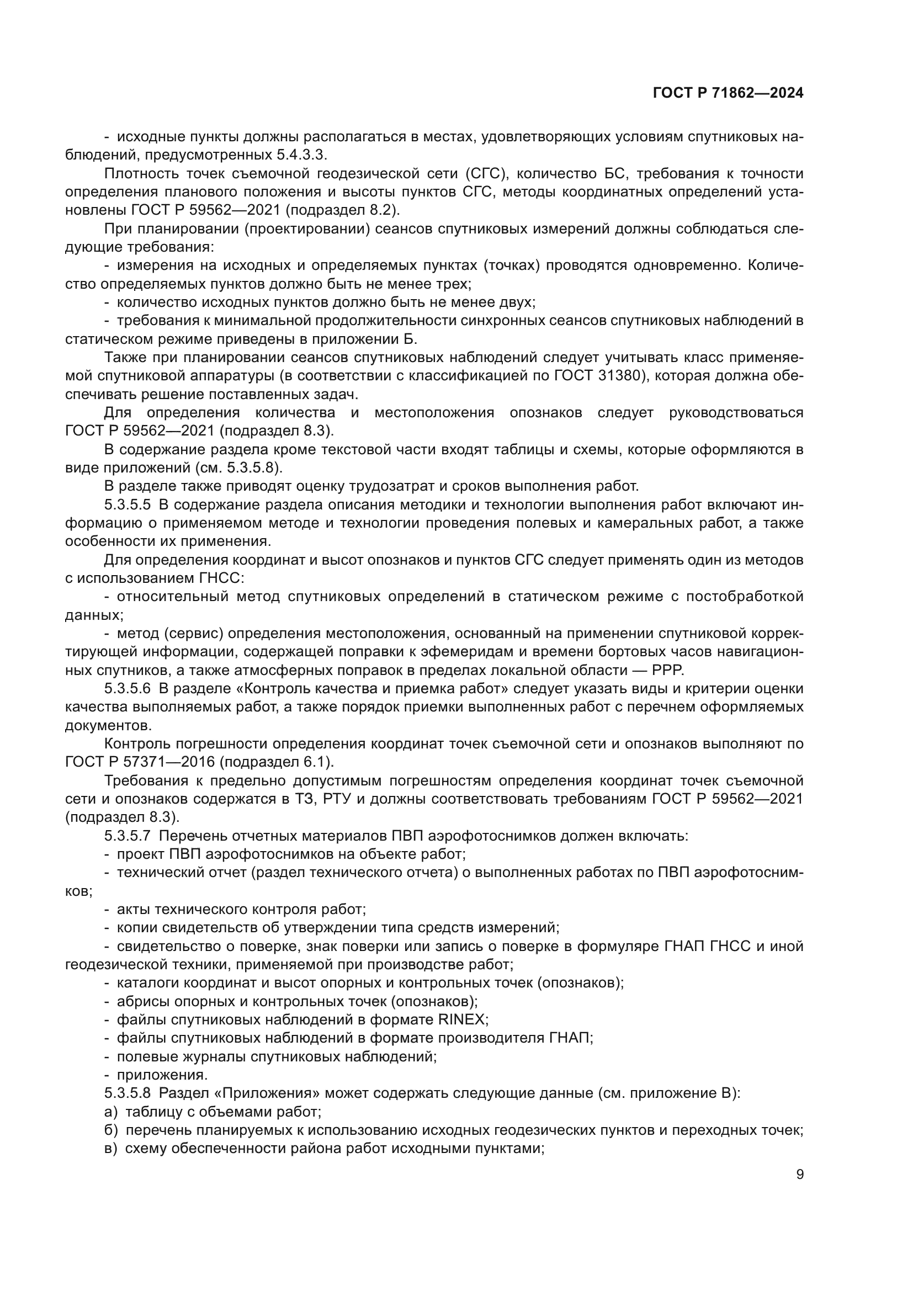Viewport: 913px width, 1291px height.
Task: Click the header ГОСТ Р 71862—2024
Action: [728, 93]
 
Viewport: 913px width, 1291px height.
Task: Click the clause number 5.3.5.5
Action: [127, 504]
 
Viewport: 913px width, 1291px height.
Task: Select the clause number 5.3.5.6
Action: [127, 688]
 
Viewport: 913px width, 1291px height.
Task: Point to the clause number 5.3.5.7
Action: [127, 836]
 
